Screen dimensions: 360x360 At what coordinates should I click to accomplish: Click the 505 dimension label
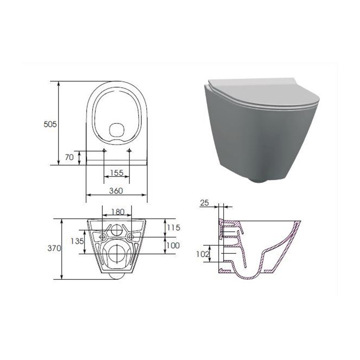click(50, 124)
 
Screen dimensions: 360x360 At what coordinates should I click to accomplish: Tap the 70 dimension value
click(69, 157)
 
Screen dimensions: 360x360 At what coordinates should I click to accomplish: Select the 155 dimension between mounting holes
click(117, 173)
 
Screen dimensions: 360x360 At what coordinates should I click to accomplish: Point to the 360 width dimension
click(116, 191)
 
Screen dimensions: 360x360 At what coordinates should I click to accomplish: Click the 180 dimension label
click(118, 211)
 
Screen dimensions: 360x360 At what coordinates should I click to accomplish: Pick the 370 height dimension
click(54, 248)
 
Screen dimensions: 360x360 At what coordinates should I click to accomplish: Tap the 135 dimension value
click(77, 241)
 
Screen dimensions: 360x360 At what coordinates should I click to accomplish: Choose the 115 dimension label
click(173, 228)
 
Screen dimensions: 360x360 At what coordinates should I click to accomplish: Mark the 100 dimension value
click(173, 245)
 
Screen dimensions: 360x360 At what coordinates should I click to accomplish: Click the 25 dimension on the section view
click(205, 203)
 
